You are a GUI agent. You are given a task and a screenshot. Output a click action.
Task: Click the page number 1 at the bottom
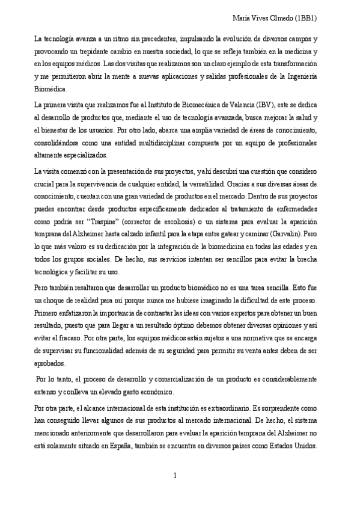point(175,476)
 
